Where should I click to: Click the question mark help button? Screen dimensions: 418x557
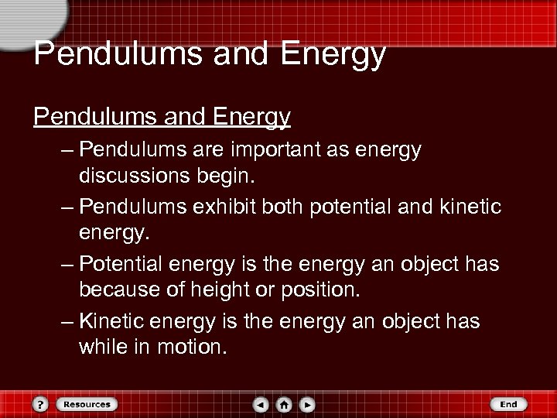pyautogui.click(x=41, y=404)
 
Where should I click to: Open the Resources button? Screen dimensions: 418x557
pyautogui.click(x=85, y=404)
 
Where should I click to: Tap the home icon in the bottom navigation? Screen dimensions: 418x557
pyautogui.click(x=284, y=404)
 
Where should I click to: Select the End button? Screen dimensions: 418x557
pyautogui.click(x=508, y=404)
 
